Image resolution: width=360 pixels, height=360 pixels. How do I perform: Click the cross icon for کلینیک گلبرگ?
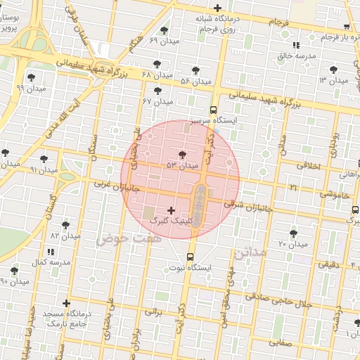(171, 210)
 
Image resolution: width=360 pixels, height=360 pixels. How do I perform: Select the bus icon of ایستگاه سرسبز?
(213, 110)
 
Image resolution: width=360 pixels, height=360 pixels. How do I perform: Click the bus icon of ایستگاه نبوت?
(191, 256)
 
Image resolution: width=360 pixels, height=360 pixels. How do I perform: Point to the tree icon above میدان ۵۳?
(183, 154)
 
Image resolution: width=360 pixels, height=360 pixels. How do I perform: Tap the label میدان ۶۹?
(164, 41)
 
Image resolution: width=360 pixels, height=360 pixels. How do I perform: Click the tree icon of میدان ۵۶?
(195, 70)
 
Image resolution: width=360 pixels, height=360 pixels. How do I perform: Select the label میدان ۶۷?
(157, 102)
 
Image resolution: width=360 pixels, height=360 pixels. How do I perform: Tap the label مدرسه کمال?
(49, 262)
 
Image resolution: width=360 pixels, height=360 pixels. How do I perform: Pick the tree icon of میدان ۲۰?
(293, 233)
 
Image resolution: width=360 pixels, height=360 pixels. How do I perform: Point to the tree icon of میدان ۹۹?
(31, 77)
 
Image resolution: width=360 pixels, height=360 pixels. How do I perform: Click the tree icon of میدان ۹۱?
(45, 160)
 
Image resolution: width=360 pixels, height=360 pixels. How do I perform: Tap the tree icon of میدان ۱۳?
(333, 69)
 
